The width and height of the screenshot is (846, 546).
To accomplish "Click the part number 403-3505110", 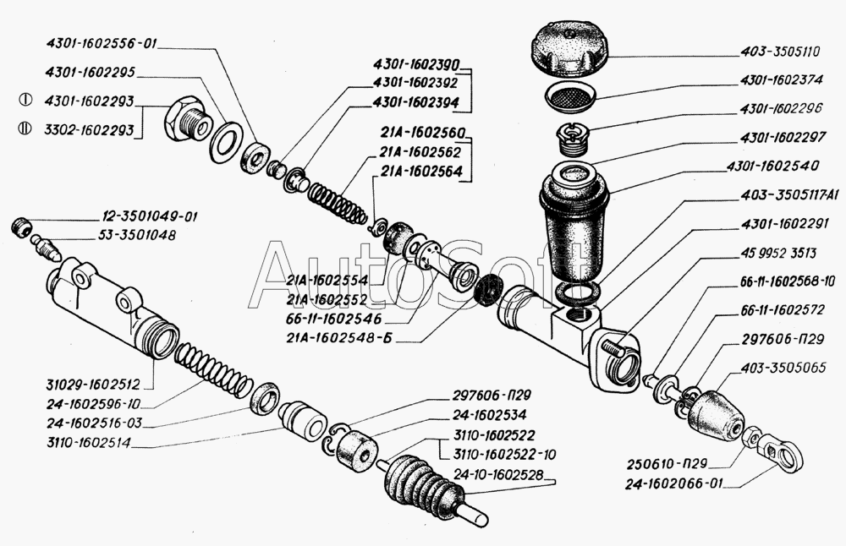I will click(781, 51).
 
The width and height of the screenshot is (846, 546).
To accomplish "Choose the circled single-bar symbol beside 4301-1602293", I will click(25, 100).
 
